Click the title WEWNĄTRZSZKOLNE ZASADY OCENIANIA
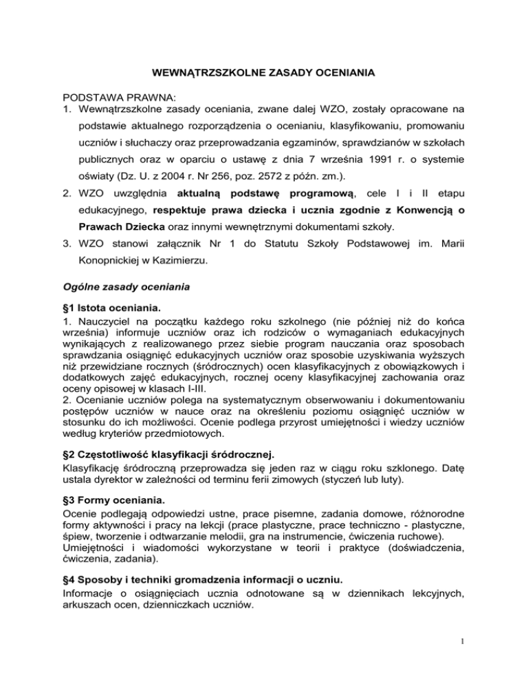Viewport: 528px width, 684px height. pos(264,71)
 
